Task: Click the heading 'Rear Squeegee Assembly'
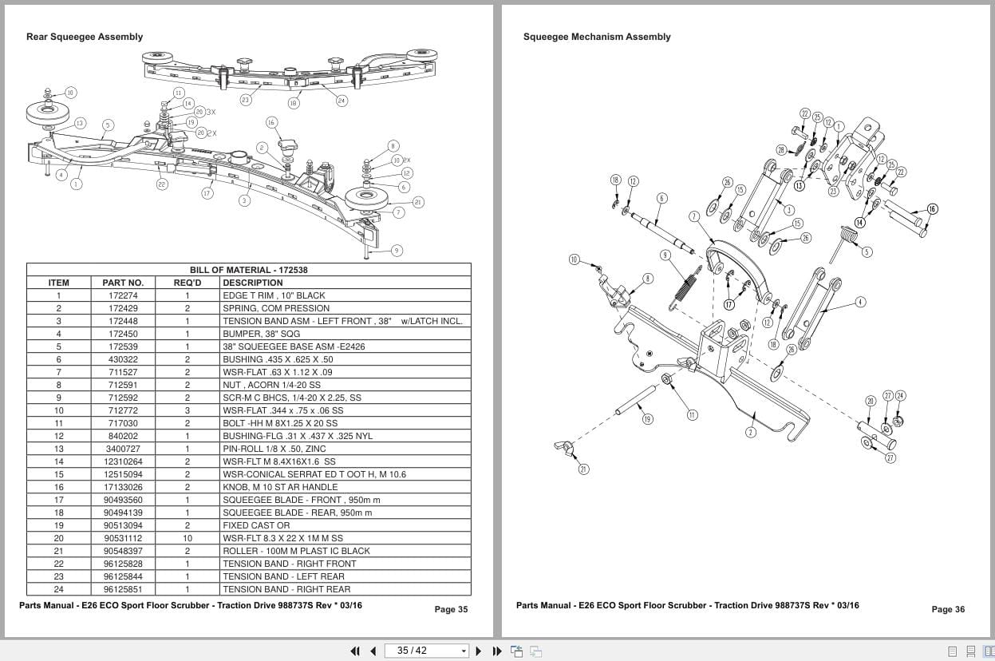[85, 37]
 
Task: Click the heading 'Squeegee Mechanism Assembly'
[597, 37]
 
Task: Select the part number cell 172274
[123, 295]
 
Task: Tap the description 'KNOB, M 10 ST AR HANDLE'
[280, 487]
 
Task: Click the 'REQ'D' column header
[188, 283]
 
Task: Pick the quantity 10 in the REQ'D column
[188, 538]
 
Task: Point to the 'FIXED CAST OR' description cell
[256, 525]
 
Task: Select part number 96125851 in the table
[123, 589]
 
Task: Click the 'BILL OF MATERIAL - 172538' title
[248, 270]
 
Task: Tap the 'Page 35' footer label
[451, 609]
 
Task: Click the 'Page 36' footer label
[948, 609]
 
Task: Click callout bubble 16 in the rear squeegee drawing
[271, 122]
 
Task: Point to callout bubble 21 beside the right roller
[418, 202]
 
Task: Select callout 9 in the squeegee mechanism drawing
[665, 255]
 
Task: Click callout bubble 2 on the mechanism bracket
[751, 432]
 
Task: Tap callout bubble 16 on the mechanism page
[932, 209]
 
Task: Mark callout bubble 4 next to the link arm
[860, 302]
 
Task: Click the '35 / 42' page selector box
[427, 651]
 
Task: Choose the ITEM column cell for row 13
[58, 449]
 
